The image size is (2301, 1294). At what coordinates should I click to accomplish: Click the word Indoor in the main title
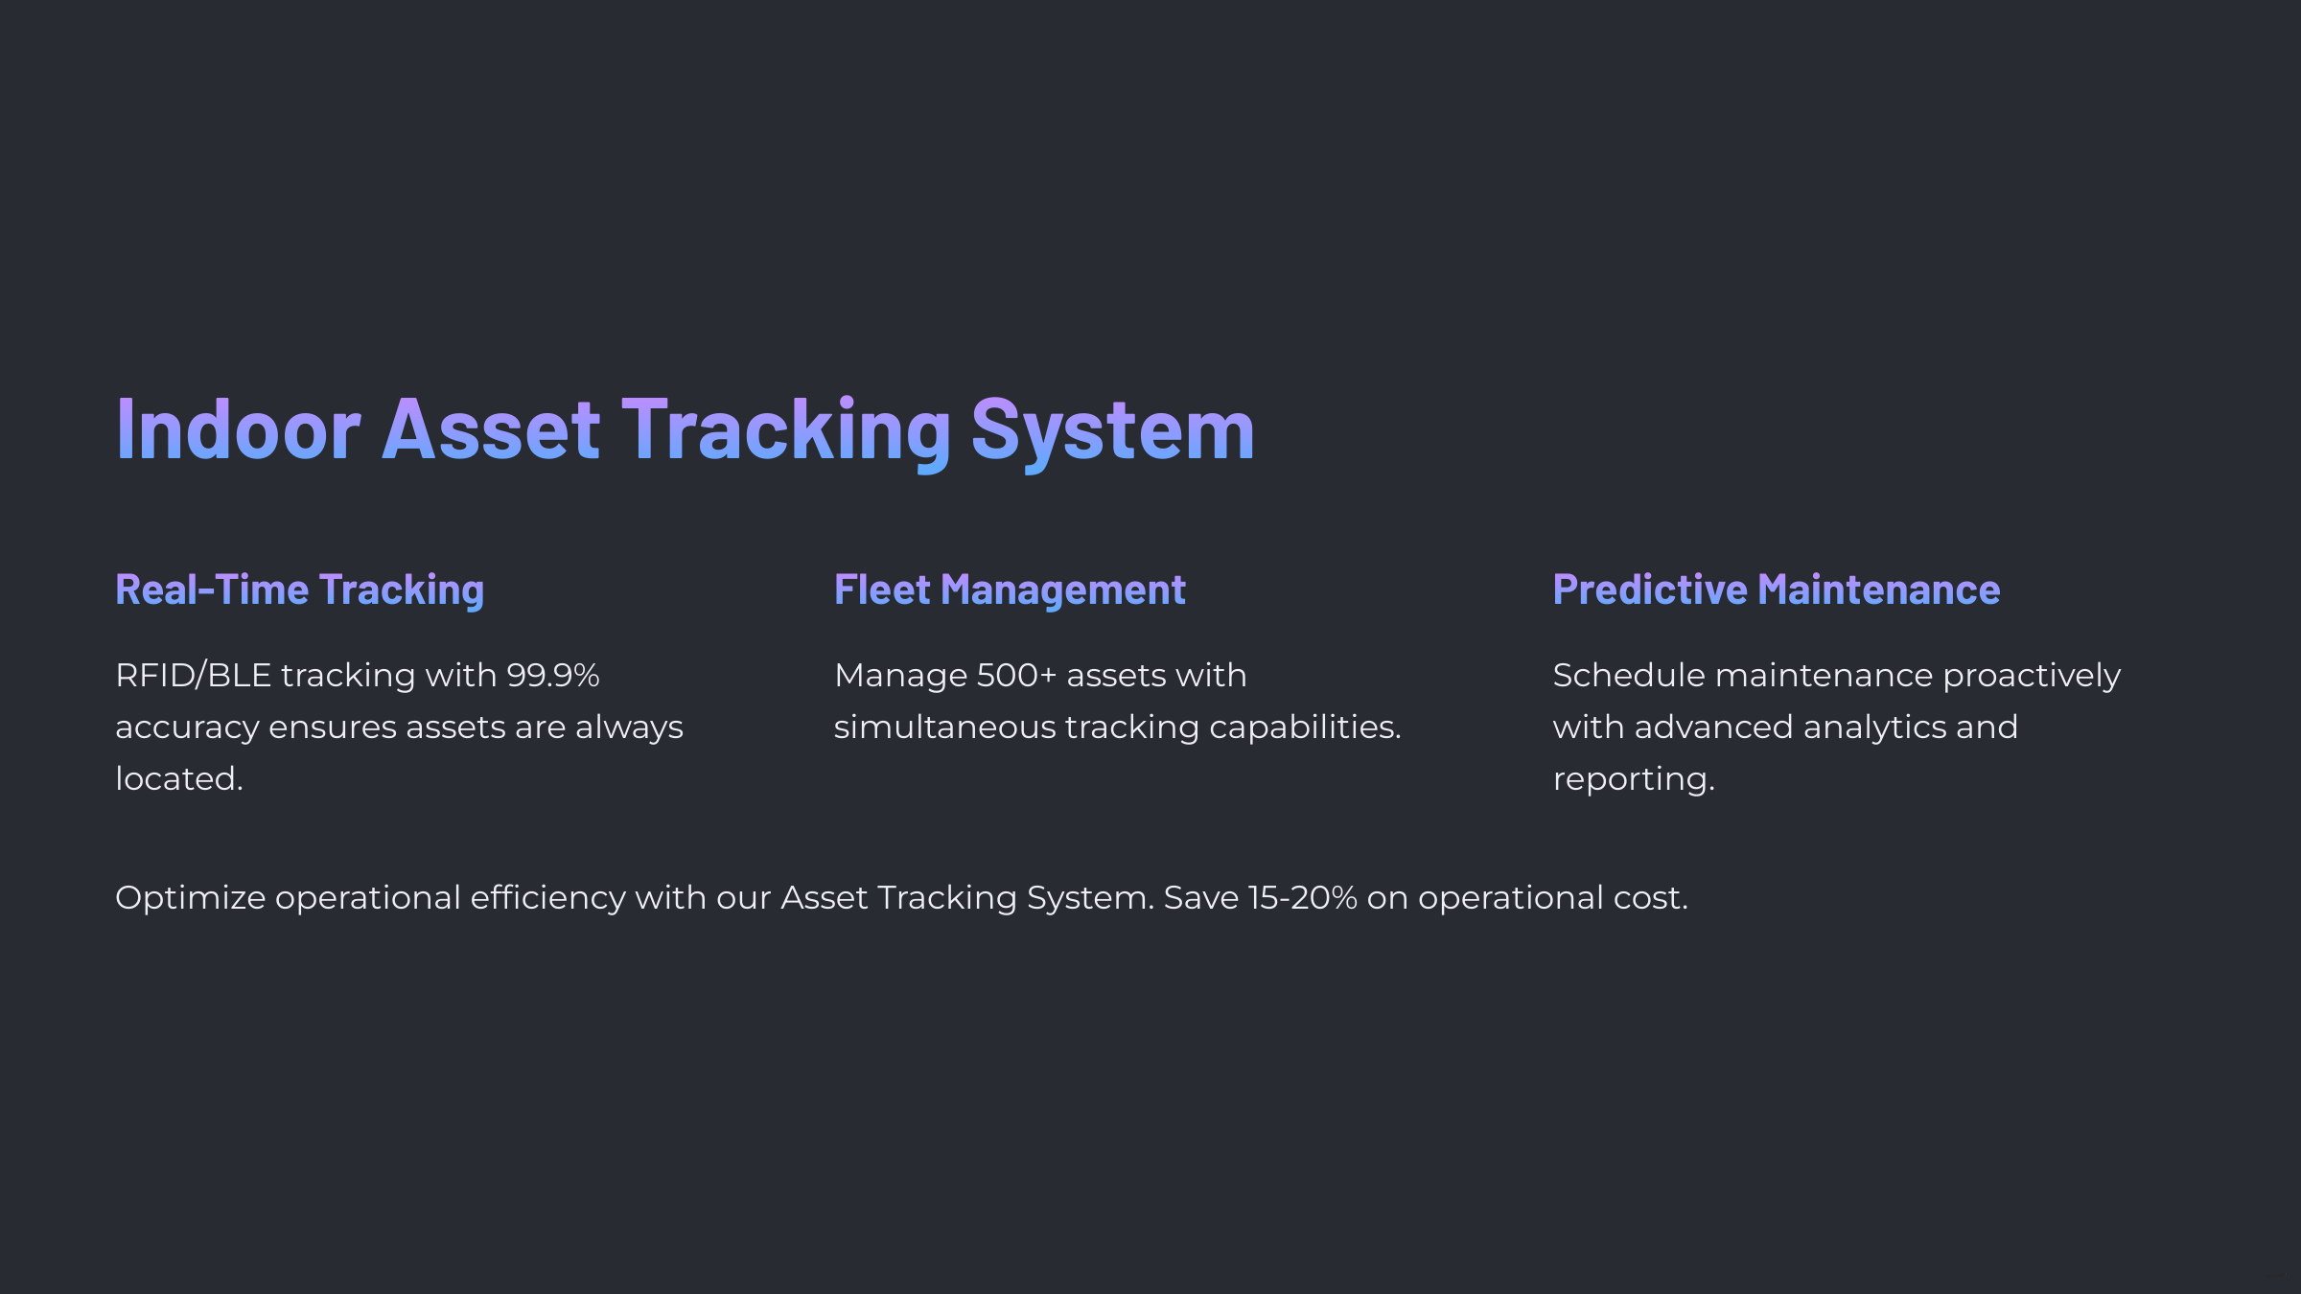[238, 430]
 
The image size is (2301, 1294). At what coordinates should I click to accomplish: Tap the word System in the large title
[1112, 430]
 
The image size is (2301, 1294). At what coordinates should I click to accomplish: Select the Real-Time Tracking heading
[299, 589]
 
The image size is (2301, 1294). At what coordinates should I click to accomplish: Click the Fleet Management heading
[1010, 589]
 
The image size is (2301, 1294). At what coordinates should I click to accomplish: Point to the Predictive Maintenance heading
[1776, 589]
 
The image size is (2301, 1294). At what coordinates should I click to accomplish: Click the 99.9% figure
[553, 676]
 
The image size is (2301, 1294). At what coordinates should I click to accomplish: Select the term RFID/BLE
[193, 676]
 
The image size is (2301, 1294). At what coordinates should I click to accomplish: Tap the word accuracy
[187, 728]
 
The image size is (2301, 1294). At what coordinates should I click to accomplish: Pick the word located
[178, 779]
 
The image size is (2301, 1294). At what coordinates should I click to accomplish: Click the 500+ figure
[1016, 676]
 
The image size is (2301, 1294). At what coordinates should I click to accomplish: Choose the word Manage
[900, 676]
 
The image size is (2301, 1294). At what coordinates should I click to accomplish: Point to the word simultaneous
[944, 728]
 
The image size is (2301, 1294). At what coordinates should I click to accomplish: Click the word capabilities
[1305, 728]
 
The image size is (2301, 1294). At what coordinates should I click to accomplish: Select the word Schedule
[1628, 676]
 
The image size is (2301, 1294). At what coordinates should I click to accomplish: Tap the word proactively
[2032, 676]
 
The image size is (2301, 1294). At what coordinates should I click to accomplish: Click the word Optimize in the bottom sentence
[190, 898]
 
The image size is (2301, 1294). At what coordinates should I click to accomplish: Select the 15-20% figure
[1303, 898]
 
